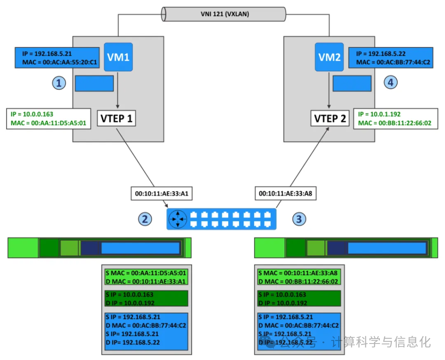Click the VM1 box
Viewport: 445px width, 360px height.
pos(118,57)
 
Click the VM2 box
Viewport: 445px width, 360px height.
pos(329,57)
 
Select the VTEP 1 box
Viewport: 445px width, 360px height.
pos(116,118)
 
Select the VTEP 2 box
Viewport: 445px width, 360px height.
pos(330,118)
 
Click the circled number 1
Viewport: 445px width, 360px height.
pos(59,83)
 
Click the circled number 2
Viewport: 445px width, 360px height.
pos(145,219)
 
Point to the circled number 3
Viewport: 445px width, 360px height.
pos(299,219)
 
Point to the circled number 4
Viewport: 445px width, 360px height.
pos(390,82)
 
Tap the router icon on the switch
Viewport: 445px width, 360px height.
pos(178,219)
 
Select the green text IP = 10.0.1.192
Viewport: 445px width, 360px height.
pos(379,114)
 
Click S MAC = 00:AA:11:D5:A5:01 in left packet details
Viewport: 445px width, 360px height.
pos(146,273)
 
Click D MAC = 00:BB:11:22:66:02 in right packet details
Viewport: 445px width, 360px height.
pos(298,281)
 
